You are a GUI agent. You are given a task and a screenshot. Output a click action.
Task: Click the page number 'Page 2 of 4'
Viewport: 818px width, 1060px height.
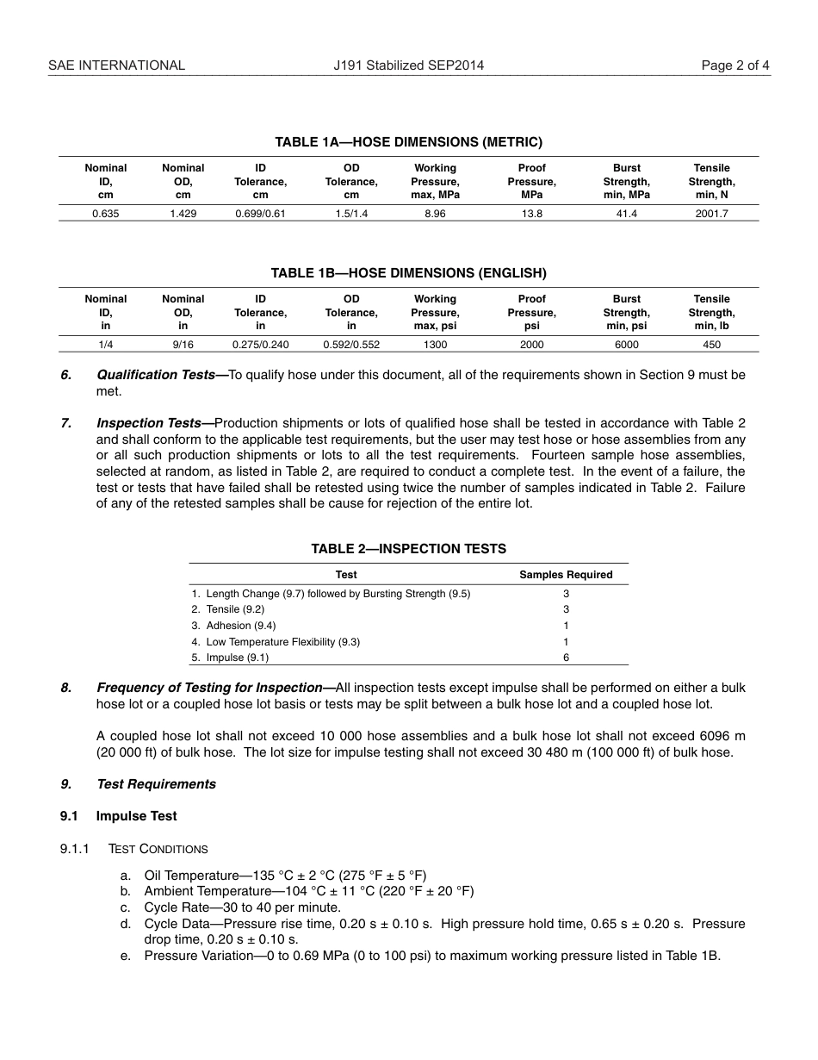pos(735,65)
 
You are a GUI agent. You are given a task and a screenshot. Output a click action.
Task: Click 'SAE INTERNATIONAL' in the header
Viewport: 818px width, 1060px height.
pos(116,65)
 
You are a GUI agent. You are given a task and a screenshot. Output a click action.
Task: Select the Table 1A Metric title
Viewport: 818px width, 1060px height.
pos(408,142)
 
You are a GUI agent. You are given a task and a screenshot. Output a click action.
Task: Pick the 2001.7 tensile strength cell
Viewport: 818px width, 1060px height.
pos(711,214)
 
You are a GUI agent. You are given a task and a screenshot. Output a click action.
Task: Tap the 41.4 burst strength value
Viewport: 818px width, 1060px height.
pos(626,214)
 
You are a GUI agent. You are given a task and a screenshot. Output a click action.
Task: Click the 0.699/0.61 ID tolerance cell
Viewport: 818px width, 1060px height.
pos(260,214)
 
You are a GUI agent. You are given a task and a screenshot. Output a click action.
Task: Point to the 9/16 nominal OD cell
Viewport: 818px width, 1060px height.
pos(183,345)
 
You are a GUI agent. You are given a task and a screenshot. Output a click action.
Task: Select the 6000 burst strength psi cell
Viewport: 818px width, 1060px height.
pos(626,345)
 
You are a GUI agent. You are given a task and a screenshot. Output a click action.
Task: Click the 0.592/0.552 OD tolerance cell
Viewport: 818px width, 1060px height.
pos(351,345)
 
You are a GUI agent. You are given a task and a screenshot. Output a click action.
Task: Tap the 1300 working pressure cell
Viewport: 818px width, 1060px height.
pos(435,345)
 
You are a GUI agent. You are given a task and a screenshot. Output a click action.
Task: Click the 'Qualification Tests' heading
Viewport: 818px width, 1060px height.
pos(156,375)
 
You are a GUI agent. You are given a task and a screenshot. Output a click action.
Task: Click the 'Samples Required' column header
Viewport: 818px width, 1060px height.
pos(566,575)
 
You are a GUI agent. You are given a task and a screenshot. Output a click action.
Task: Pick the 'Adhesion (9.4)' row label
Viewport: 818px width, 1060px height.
pos(240,626)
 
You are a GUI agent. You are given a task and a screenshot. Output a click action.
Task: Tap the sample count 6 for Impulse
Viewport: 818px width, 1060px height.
pos(566,658)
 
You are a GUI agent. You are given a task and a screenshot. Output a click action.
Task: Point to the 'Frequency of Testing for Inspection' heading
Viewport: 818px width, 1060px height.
pos(209,688)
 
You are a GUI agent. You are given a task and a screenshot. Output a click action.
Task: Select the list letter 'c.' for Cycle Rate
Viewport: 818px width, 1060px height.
pos(126,907)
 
